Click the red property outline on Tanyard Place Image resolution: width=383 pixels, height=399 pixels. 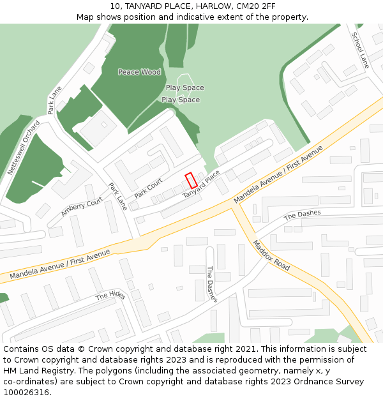point(191,181)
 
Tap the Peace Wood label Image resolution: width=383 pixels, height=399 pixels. point(139,72)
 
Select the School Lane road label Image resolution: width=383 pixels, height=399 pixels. point(360,50)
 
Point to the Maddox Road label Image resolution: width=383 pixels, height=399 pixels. point(271,255)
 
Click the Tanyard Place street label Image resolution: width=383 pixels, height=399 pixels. point(201,183)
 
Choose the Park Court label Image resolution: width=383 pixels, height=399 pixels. point(149,188)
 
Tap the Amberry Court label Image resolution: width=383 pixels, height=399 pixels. point(82,207)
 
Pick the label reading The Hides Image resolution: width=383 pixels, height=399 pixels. point(110,296)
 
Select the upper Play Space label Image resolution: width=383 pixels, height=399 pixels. point(185,88)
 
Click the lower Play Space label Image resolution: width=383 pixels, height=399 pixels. point(181,100)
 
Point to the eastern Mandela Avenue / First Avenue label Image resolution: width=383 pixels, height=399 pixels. point(278,175)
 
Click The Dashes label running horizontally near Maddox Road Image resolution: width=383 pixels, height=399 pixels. point(302,215)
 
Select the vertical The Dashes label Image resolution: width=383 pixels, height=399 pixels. point(211,284)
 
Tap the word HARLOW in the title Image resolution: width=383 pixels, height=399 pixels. point(214,6)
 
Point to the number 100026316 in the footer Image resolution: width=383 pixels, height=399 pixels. point(27,392)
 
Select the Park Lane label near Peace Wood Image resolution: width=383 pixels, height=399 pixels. point(55,100)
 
